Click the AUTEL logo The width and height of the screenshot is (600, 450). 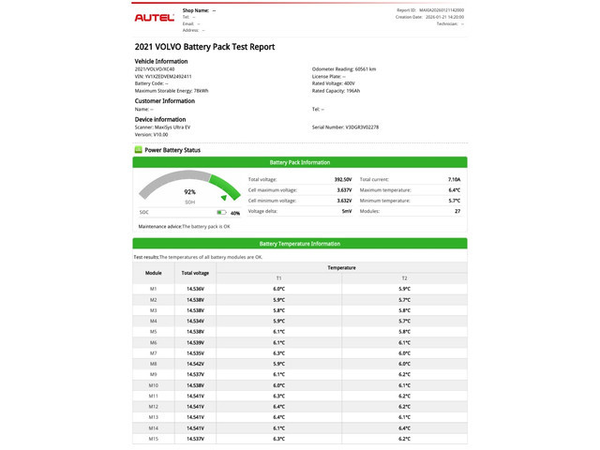[155, 18]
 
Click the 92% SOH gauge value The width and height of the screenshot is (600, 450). [189, 191]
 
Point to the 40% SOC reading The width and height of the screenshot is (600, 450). [234, 213]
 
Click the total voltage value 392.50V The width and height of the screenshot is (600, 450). [342, 179]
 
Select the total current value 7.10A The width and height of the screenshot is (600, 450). [454, 179]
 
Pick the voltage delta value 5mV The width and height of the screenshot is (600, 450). [346, 211]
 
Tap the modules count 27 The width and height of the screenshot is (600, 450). [457, 211]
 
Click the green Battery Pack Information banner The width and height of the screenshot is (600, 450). [300, 162]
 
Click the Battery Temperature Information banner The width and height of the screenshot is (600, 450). [300, 244]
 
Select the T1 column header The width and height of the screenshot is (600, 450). [278, 278]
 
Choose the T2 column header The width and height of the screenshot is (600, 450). [404, 278]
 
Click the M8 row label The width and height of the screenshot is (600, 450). [154, 364]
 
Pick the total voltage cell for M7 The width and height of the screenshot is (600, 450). [195, 352]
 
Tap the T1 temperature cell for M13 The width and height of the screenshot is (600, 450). [278, 417]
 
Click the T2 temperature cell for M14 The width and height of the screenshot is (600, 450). [404, 427]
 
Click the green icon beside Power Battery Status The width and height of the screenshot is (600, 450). [139, 149]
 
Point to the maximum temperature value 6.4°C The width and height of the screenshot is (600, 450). [454, 189]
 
